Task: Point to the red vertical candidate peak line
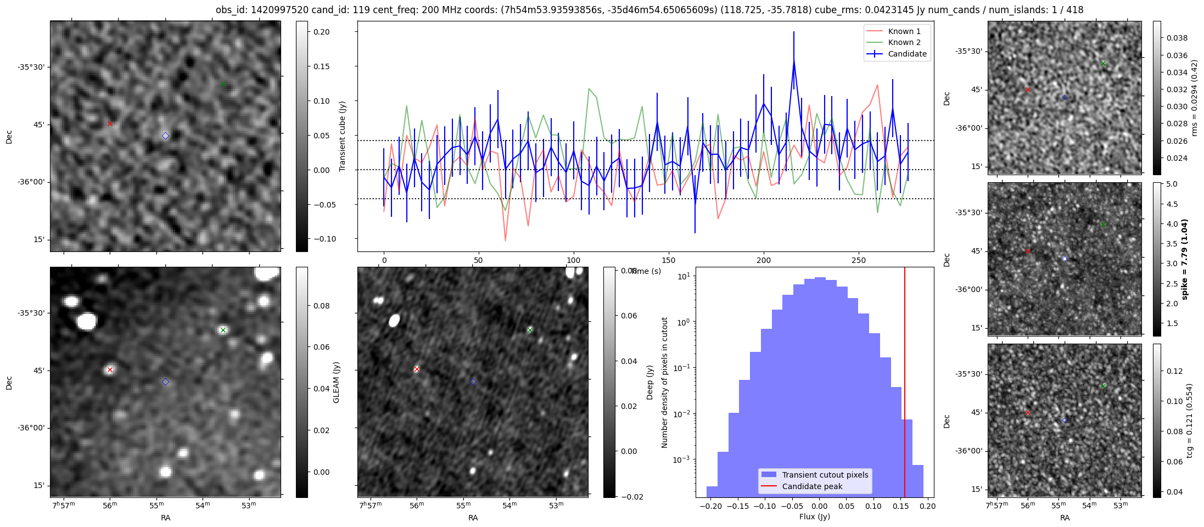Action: tap(905, 384)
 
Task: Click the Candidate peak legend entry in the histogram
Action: tap(812, 486)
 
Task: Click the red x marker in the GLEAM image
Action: tap(110, 370)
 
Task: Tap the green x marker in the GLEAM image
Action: tap(223, 330)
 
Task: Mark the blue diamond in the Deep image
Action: tap(473, 382)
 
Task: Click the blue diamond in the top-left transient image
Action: tap(165, 136)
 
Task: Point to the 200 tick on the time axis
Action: tap(764, 260)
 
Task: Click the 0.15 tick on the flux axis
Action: tap(900, 506)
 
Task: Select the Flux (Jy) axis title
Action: tap(815, 517)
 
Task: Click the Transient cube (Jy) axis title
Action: tap(343, 136)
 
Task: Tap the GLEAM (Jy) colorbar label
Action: tap(336, 382)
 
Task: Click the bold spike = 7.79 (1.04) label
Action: tap(1184, 259)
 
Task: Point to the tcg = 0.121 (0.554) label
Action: tap(1189, 421)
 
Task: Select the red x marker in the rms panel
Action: tap(1028, 89)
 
